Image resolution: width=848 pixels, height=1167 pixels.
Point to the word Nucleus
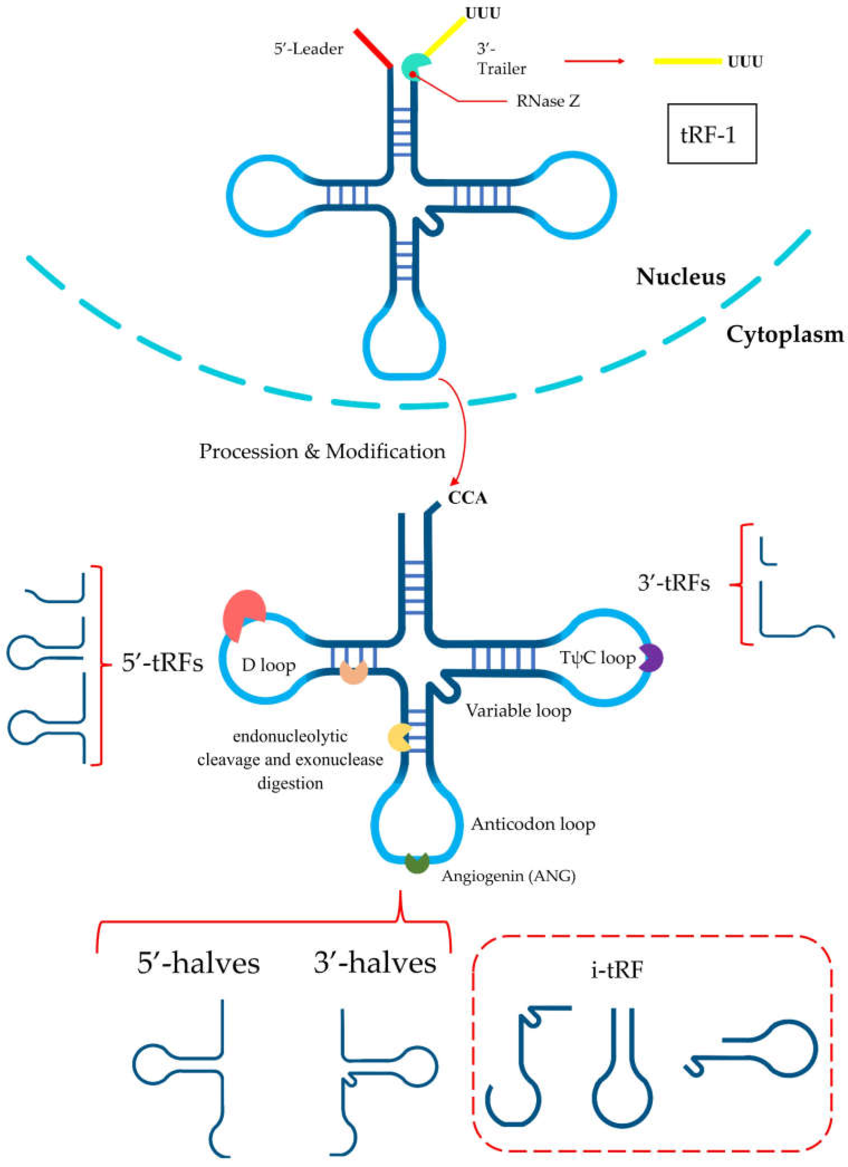click(681, 277)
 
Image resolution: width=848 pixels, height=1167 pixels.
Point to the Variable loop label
click(518, 711)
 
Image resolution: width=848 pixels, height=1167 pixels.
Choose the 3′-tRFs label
click(673, 583)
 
